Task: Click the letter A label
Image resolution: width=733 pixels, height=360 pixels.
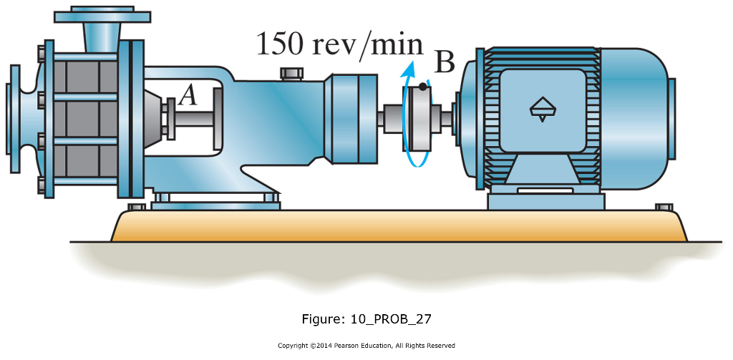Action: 188,95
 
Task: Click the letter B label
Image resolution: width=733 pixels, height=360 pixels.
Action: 445,63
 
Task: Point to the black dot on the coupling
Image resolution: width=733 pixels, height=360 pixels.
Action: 423,87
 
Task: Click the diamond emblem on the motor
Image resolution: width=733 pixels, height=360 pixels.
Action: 542,108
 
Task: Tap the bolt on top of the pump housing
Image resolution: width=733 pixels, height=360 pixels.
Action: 290,73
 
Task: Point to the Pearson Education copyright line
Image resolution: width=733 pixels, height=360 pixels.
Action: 366,346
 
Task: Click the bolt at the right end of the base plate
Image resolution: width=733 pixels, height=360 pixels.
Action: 664,208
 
